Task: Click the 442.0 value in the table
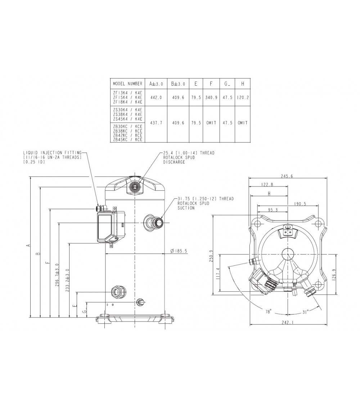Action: click(x=156, y=98)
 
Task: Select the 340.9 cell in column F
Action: click(x=211, y=98)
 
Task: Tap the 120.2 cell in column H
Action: click(x=243, y=98)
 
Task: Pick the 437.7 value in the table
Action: click(x=156, y=123)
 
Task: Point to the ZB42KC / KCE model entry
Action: click(x=128, y=136)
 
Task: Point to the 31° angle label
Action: click(x=305, y=312)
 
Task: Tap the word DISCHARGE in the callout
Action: click(x=174, y=162)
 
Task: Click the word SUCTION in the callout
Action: click(x=186, y=208)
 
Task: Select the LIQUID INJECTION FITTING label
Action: click(x=52, y=153)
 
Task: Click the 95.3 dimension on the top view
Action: click(x=273, y=210)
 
